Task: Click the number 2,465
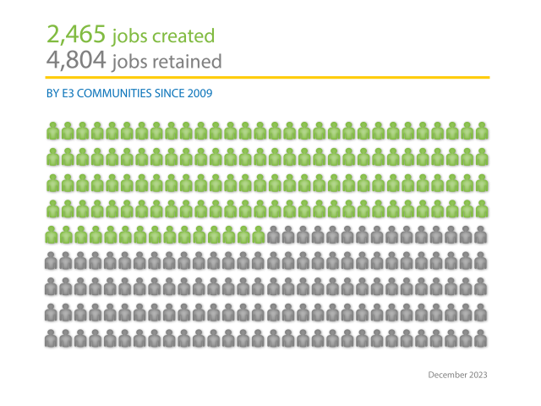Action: coord(76,36)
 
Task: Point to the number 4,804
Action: coord(76,61)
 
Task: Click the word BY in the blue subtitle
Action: coord(52,93)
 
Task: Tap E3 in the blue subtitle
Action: coord(67,93)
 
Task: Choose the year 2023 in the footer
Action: coord(478,374)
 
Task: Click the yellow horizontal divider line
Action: coord(268,78)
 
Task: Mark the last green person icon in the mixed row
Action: coord(259,235)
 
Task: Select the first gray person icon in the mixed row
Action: coord(274,235)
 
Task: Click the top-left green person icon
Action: coord(52,131)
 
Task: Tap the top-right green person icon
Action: coord(482,131)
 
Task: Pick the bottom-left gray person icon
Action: coord(52,339)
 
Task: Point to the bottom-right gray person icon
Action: coord(482,339)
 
